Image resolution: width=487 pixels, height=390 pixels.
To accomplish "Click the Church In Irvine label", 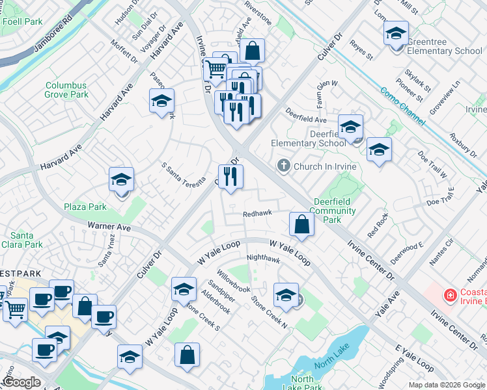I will (x=325, y=166).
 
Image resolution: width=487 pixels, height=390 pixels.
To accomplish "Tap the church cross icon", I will (x=283, y=166).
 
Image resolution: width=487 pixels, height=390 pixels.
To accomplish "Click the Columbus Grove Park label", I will (x=66, y=90).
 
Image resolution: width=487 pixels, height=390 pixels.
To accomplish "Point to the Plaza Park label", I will (x=85, y=207).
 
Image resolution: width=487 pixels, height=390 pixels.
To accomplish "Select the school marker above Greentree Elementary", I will (x=396, y=33).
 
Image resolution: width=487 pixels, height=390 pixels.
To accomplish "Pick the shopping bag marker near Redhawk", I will (x=301, y=224).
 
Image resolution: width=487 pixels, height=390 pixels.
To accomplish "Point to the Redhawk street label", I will (x=257, y=214).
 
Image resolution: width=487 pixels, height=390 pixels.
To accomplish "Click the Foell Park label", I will (x=22, y=21).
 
